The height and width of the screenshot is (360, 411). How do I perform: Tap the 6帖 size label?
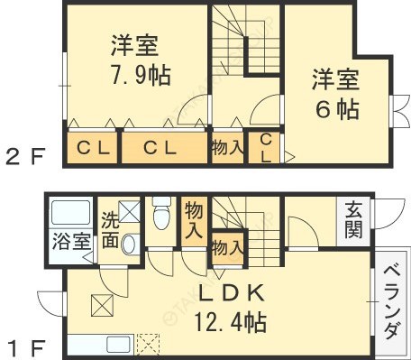pyautogui.click(x=336, y=109)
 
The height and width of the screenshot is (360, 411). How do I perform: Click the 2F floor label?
pyautogui.click(x=24, y=157)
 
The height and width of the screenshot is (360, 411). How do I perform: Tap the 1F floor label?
pyautogui.click(x=24, y=345)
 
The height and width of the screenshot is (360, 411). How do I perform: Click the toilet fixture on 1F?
pyautogui.click(x=162, y=217)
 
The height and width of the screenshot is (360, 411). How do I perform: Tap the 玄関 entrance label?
pyautogui.click(x=352, y=220)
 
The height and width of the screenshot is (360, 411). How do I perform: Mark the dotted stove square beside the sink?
pyautogui.click(x=148, y=345)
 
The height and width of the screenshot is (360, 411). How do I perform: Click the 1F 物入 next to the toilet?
pyautogui.click(x=193, y=218)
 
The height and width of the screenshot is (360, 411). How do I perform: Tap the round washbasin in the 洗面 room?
pyautogui.click(x=129, y=244)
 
